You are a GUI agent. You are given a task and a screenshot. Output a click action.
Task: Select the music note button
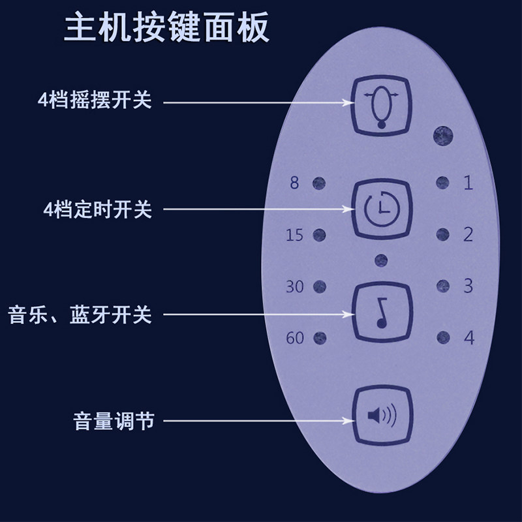click(382, 312)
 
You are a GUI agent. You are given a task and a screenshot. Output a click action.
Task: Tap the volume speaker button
click(382, 415)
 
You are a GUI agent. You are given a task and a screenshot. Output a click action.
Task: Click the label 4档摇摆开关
click(95, 101)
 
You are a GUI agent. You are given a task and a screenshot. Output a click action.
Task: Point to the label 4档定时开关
click(95, 209)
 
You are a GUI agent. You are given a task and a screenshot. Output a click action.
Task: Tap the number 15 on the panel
click(295, 234)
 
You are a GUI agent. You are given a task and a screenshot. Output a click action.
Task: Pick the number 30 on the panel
click(295, 286)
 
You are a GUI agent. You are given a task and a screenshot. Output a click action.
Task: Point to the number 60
click(295, 338)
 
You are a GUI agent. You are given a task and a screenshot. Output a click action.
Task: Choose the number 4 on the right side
click(468, 338)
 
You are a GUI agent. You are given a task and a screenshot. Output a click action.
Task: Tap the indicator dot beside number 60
click(320, 338)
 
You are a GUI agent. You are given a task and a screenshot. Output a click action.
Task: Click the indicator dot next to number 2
click(443, 233)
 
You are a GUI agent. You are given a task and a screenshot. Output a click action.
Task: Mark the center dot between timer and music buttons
click(381, 260)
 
